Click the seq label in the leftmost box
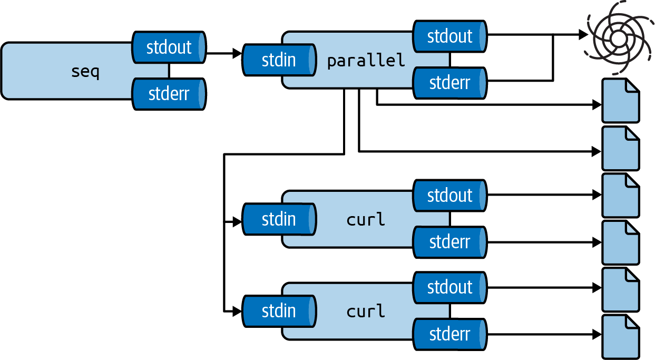pos(85,71)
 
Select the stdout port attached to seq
pos(169,47)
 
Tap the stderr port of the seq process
pos(169,94)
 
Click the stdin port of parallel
pos(279,60)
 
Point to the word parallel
pos(366,60)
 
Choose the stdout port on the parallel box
pos(449,36)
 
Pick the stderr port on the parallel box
pos(449,83)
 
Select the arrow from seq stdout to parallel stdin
pos(223,53)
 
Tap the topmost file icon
pos(620,101)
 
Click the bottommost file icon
pos(620,337)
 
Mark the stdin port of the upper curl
pos(279,219)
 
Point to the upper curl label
pos(366,219)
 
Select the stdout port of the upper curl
pos(449,195)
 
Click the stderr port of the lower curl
pos(449,334)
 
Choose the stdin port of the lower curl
pos(279,311)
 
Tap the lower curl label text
pos(366,311)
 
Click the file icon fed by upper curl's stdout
pos(620,195)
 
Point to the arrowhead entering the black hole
pos(583,35)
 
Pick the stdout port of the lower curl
pos(449,287)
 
